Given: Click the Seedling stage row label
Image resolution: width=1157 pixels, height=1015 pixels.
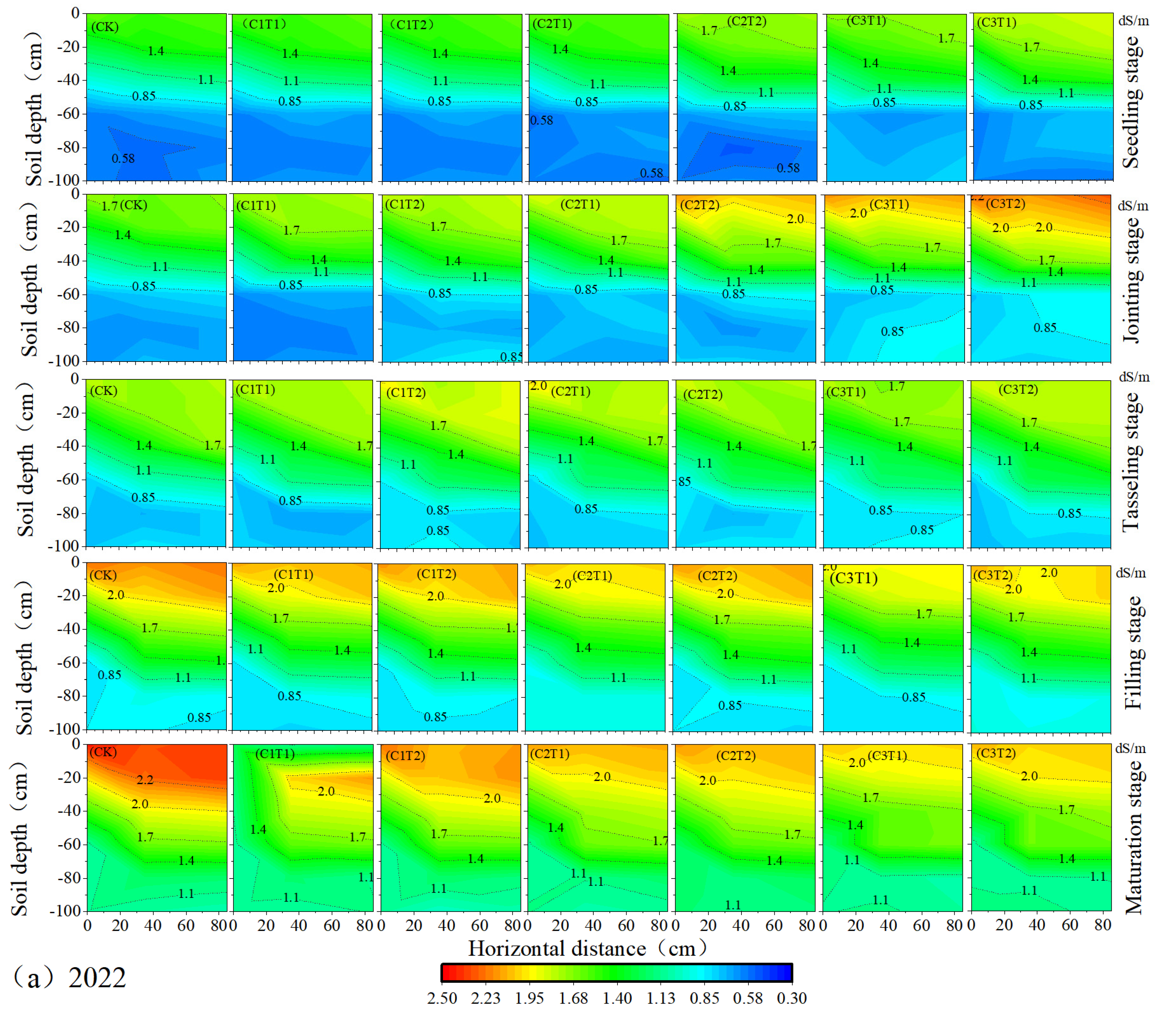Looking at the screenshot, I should click(1131, 102).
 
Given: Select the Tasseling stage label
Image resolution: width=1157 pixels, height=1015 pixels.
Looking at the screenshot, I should click(1131, 461).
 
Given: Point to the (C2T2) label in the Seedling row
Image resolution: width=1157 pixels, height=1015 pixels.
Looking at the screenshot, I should click(747, 22).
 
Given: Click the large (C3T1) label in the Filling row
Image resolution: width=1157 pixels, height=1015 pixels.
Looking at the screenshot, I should click(854, 578).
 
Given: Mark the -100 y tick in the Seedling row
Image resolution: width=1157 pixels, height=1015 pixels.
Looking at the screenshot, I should click(68, 180).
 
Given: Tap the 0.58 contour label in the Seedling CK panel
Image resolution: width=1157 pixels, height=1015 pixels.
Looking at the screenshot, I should click(123, 158).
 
